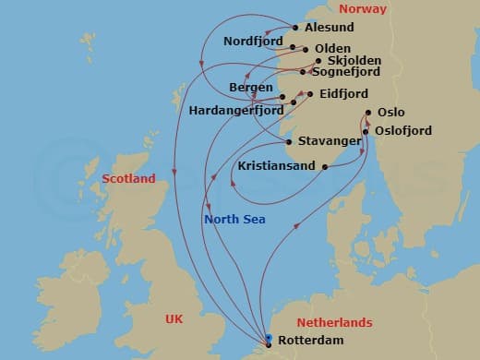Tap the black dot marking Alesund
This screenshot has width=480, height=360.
(x=295, y=28)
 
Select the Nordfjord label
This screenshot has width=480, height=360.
(x=253, y=42)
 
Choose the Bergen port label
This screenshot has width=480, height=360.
(x=250, y=87)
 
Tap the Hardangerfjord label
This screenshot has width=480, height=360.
(x=236, y=110)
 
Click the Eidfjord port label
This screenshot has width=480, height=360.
(x=342, y=94)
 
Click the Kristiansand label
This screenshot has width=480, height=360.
(x=276, y=167)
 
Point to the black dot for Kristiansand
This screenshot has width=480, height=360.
(x=325, y=166)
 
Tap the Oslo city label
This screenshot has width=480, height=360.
(x=390, y=114)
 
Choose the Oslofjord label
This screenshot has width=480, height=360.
(x=403, y=131)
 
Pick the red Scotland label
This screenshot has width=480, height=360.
(x=128, y=178)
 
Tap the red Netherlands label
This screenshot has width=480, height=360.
(x=333, y=323)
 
